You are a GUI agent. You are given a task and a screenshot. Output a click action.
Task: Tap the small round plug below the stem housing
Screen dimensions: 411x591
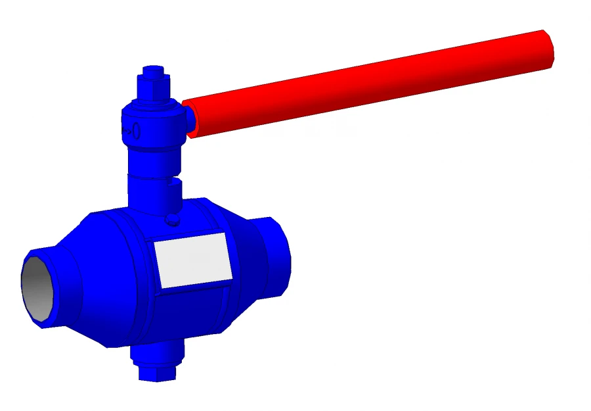click(173, 219)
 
